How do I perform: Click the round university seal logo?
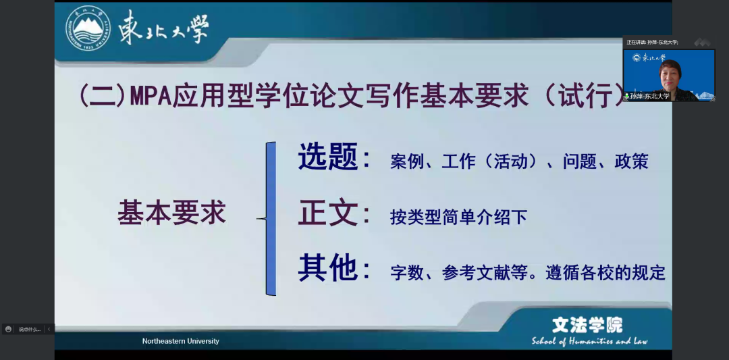[x=88, y=28]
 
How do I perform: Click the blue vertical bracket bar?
[x=271, y=218]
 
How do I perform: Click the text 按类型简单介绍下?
[x=458, y=217]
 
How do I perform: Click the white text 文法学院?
[x=587, y=325]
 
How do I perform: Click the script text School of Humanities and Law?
[x=589, y=341]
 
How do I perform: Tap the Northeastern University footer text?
[x=181, y=341]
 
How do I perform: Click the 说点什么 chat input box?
[x=29, y=329]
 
